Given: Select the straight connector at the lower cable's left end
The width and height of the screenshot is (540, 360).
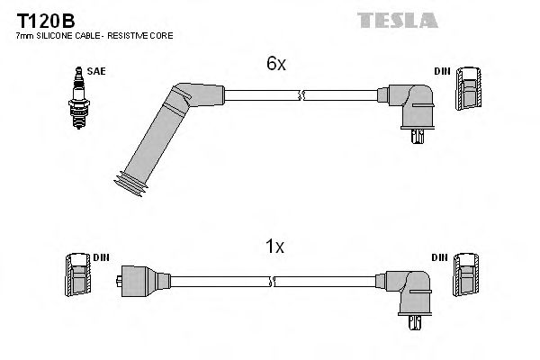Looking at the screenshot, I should pos(139,280).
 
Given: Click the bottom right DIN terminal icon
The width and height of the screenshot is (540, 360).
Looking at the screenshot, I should pos(467,274).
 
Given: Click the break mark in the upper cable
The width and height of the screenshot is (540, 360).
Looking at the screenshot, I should pos(304,92).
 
